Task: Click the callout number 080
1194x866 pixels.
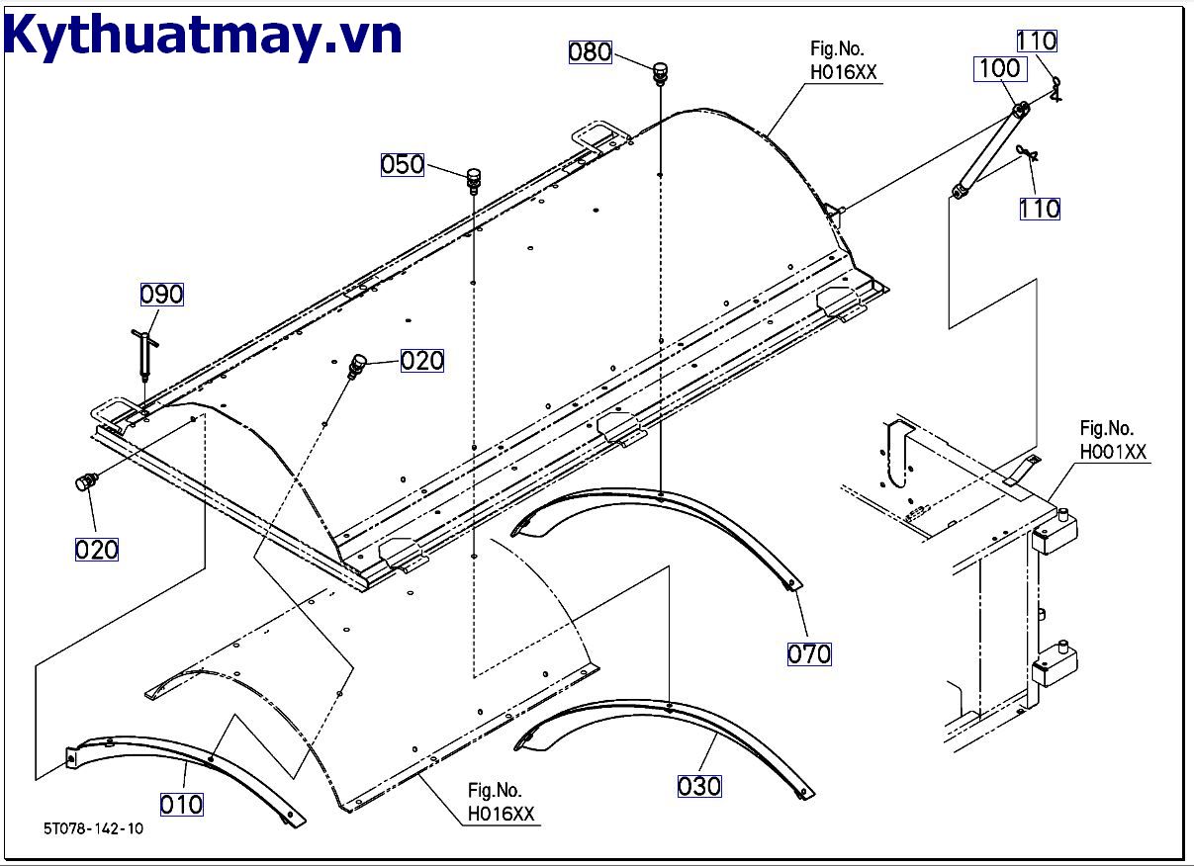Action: point(591,51)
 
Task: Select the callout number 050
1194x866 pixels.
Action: point(403,164)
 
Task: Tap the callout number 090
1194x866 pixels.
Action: point(161,295)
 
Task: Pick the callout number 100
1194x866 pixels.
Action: point(999,69)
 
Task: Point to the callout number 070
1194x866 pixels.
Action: point(809,653)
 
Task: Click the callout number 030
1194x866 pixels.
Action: point(699,786)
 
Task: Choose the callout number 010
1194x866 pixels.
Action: point(181,805)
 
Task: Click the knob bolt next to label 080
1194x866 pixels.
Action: point(660,72)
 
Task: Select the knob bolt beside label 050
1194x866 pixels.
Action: point(475,180)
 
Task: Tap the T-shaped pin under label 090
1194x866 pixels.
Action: point(144,351)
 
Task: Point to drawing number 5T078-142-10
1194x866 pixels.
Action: point(93,828)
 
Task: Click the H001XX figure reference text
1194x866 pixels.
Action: point(1113,453)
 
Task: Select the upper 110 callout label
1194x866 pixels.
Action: point(1037,42)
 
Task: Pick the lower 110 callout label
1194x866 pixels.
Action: point(1039,209)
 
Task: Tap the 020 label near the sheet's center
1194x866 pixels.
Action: point(422,361)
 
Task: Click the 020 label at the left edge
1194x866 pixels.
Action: point(97,550)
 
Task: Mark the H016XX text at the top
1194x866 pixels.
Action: point(843,73)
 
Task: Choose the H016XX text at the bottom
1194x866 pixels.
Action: point(502,815)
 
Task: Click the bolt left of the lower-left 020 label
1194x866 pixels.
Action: point(86,482)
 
